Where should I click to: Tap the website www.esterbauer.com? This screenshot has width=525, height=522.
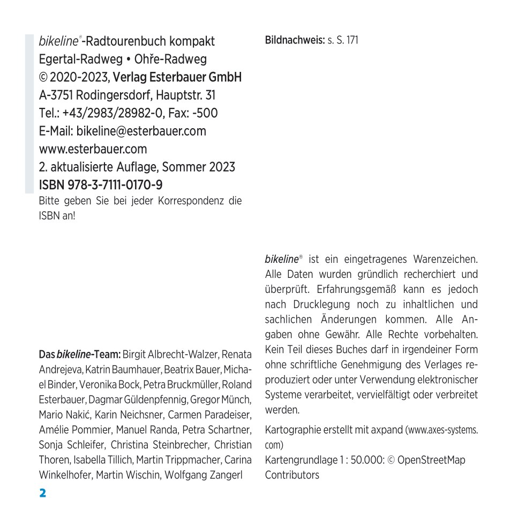93,149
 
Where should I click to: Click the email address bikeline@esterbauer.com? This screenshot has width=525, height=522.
141,131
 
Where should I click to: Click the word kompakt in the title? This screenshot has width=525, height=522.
191,41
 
